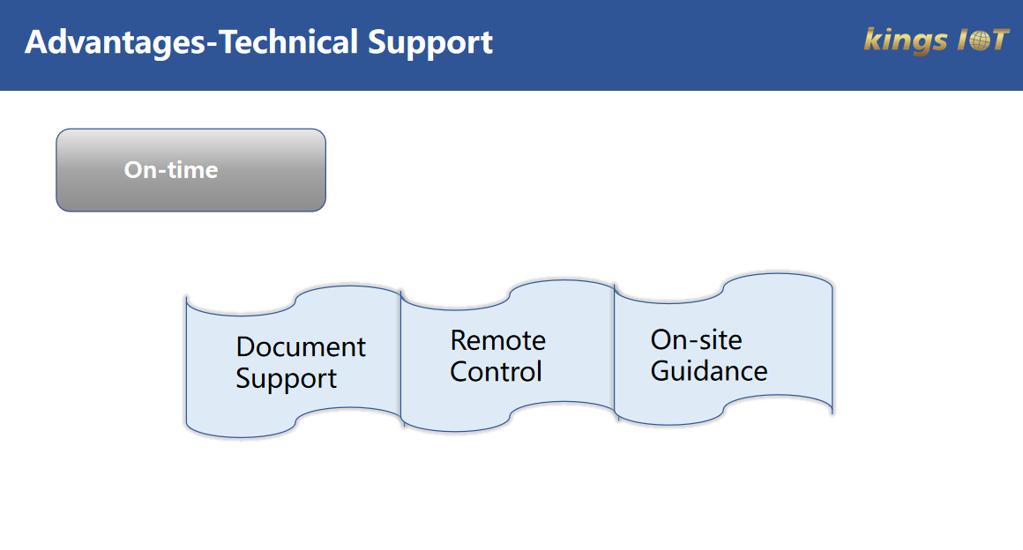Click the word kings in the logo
click(x=897, y=41)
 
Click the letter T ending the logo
click(x=997, y=41)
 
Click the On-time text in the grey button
click(x=171, y=170)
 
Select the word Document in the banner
click(x=301, y=347)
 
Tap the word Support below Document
click(x=286, y=379)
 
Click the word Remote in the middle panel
click(x=497, y=340)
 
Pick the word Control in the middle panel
click(x=496, y=372)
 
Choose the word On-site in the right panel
click(x=696, y=339)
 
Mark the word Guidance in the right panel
click(x=709, y=371)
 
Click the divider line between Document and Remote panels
click(x=401, y=361)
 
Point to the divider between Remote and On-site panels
click(x=615, y=353)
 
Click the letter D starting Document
click(x=245, y=347)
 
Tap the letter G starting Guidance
click(x=661, y=371)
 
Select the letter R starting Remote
click(x=459, y=340)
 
